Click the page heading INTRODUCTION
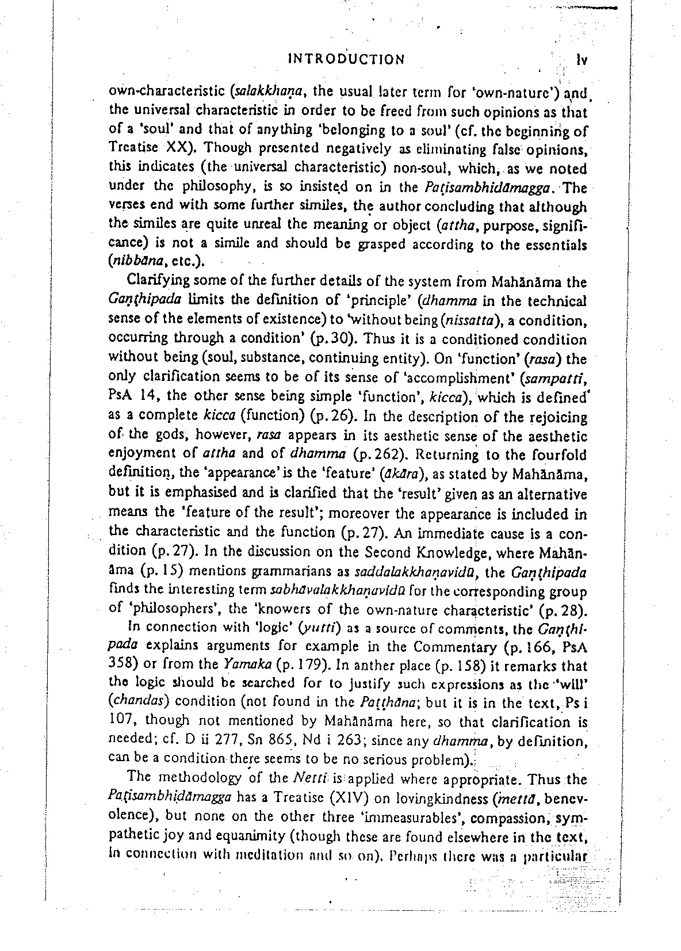346,59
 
